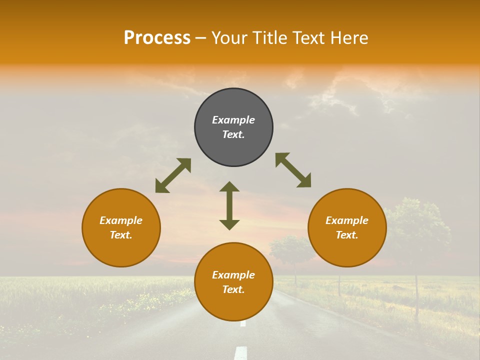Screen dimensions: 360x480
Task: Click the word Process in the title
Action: click(x=157, y=38)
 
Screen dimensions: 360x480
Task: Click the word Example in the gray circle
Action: click(x=233, y=120)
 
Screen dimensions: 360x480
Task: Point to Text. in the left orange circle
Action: click(x=121, y=235)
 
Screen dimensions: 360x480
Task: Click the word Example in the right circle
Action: click(x=347, y=220)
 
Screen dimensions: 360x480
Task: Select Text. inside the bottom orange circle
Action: click(x=233, y=289)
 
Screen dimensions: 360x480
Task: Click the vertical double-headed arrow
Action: click(x=229, y=205)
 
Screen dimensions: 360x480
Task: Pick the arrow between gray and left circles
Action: click(x=173, y=175)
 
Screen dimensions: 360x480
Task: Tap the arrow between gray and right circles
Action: click(x=293, y=170)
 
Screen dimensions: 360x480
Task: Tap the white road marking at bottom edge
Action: click(x=241, y=352)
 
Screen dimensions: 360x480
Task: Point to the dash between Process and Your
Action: click(x=200, y=38)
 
